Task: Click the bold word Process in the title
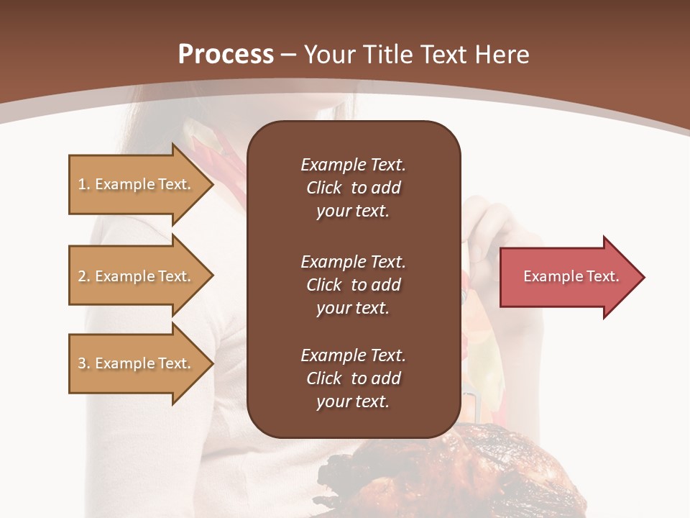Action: pyautogui.click(x=226, y=54)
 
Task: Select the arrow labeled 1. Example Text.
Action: pyautogui.click(x=137, y=184)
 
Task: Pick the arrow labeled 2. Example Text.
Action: pyautogui.click(x=137, y=276)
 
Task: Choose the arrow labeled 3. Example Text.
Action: pyautogui.click(x=137, y=363)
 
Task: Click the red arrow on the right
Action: pyautogui.click(x=568, y=276)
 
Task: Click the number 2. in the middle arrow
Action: pyautogui.click(x=84, y=276)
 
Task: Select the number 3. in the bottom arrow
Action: pyautogui.click(x=84, y=363)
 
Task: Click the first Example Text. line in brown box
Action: pyautogui.click(x=353, y=165)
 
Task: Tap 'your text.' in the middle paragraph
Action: pyautogui.click(x=352, y=308)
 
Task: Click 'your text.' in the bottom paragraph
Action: pyautogui.click(x=352, y=401)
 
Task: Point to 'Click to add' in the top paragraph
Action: pyautogui.click(x=353, y=188)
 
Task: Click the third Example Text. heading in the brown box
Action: pyautogui.click(x=353, y=355)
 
